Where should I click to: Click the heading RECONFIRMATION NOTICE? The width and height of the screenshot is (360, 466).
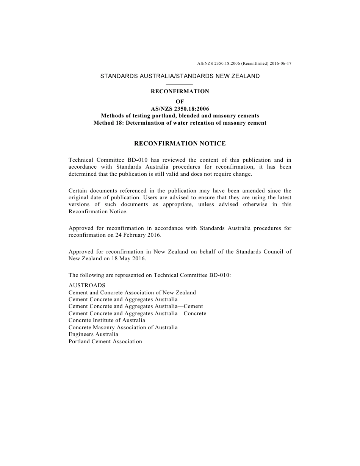[x=180, y=144]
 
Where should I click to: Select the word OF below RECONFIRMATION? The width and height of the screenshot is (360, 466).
[x=180, y=102]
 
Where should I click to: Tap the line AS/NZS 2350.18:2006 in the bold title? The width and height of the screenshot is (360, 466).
[x=180, y=109]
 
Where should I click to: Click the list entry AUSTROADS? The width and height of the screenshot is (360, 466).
[x=87, y=285]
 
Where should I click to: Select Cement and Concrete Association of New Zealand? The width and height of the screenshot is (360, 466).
[x=132, y=292]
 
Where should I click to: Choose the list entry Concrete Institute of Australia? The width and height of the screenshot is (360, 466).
[x=107, y=320]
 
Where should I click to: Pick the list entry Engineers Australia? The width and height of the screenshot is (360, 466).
[x=93, y=334]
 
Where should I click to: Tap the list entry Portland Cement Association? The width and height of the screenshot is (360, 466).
[x=105, y=341]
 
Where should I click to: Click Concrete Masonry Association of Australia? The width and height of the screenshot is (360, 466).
[x=123, y=327]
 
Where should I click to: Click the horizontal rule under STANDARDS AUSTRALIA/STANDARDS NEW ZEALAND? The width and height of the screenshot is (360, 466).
[x=180, y=84]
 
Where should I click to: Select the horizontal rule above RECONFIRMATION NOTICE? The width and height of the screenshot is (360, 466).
[x=180, y=131]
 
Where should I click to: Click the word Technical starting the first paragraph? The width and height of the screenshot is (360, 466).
[x=81, y=160]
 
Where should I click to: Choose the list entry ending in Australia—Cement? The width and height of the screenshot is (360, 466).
[x=136, y=306]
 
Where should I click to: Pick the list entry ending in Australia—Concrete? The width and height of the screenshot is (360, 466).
[x=138, y=313]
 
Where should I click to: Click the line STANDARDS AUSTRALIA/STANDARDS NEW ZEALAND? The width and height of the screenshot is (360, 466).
[x=180, y=76]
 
